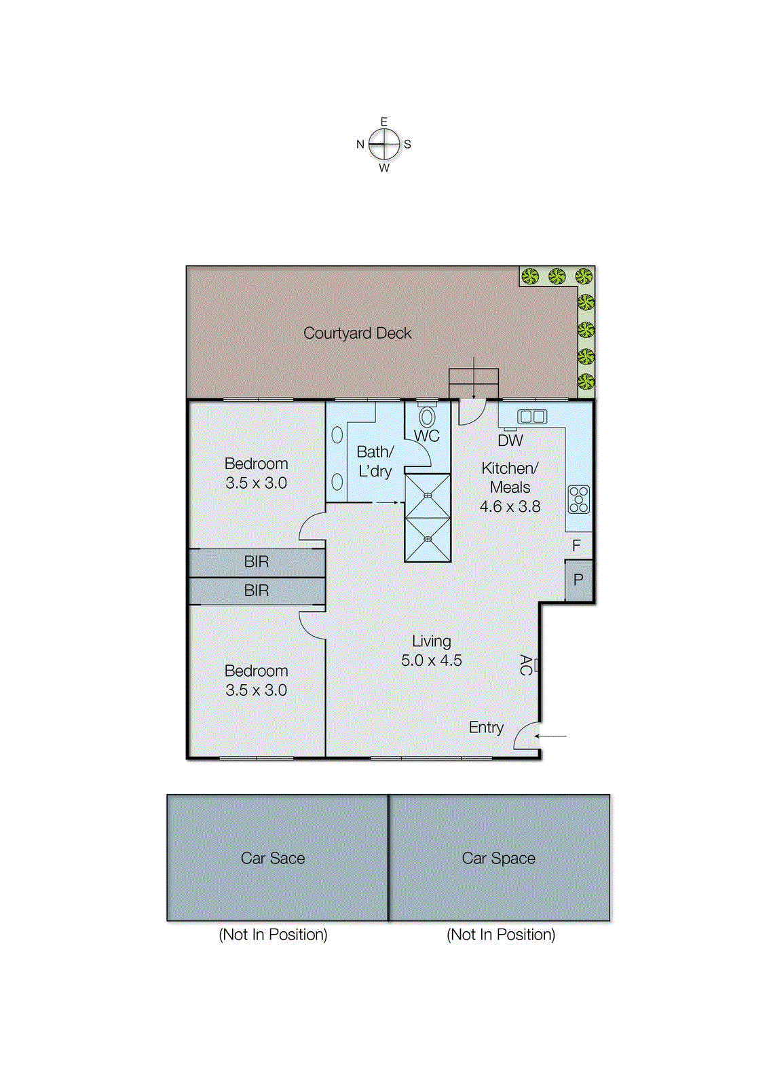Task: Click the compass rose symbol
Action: click(384, 144)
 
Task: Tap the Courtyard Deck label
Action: click(357, 333)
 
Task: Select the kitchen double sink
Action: click(532, 417)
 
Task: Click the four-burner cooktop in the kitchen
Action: click(579, 500)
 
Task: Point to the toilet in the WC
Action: click(427, 416)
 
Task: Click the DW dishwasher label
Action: click(510, 441)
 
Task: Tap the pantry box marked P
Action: click(579, 580)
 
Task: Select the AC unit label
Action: click(525, 664)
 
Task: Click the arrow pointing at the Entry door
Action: click(552, 736)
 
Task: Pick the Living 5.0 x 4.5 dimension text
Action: click(431, 660)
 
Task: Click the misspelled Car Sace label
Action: click(273, 858)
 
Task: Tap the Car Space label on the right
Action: click(498, 858)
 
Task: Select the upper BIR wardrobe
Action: click(257, 562)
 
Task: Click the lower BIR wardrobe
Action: click(257, 591)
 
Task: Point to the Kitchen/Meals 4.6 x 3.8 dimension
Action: click(510, 506)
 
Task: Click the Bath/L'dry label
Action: click(375, 461)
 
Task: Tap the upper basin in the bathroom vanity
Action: click(337, 435)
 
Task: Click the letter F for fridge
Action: click(576, 545)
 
